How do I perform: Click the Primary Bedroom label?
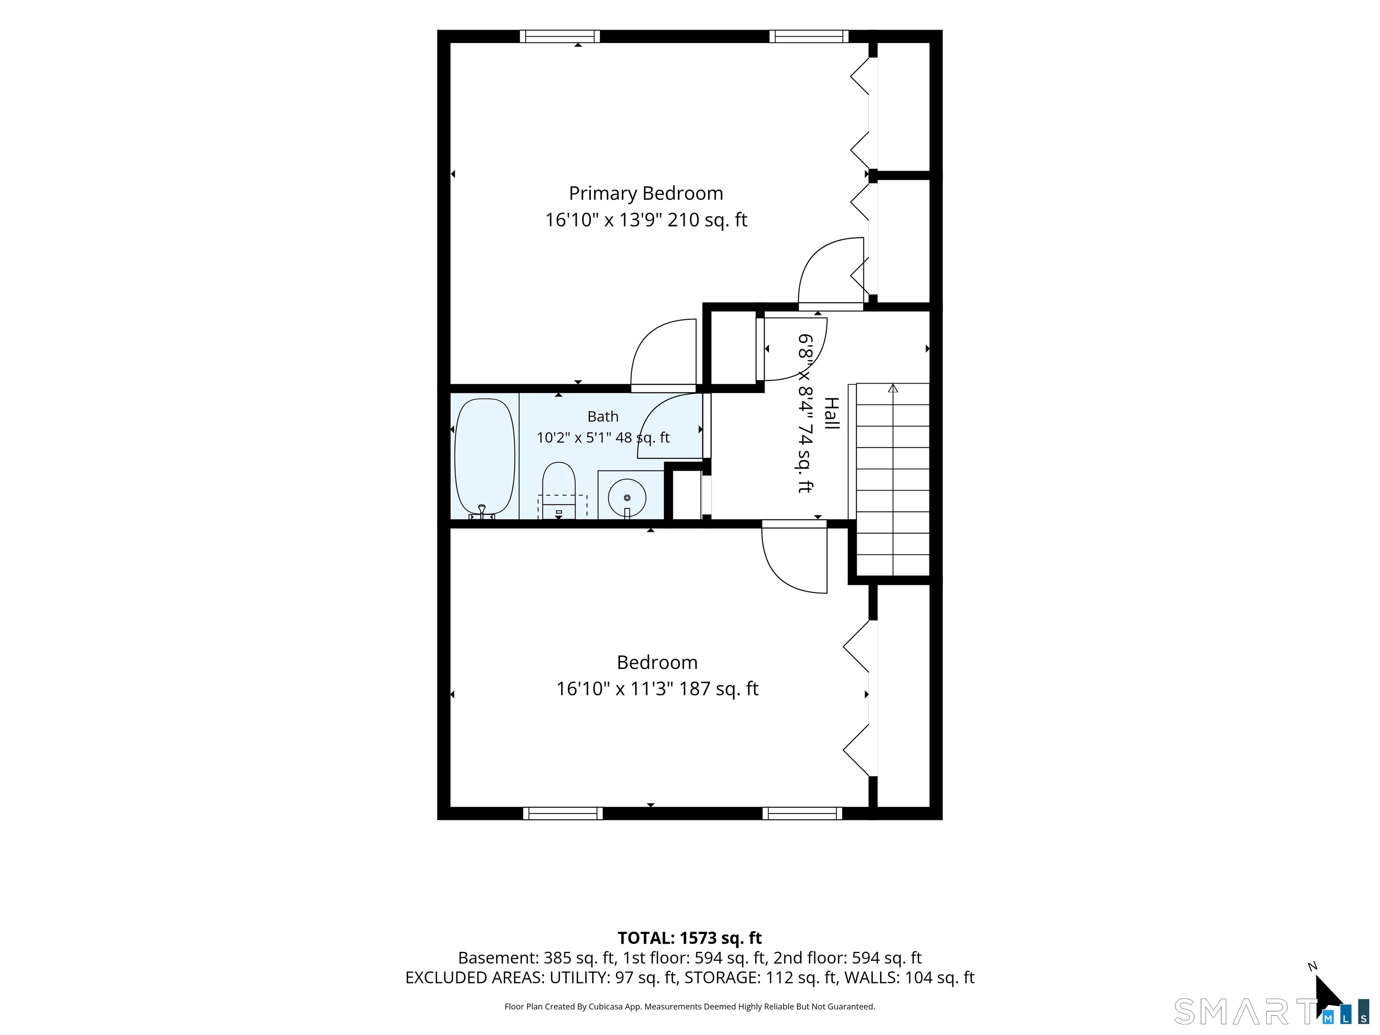click(646, 194)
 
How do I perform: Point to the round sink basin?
click(627, 497)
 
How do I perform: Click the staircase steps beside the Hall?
click(893, 479)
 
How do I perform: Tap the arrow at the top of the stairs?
click(893, 388)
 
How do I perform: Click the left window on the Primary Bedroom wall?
click(560, 36)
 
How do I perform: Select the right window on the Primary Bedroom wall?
click(809, 36)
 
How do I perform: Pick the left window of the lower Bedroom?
click(563, 814)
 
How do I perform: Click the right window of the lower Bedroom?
click(802, 814)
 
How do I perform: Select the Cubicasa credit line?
click(690, 1006)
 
